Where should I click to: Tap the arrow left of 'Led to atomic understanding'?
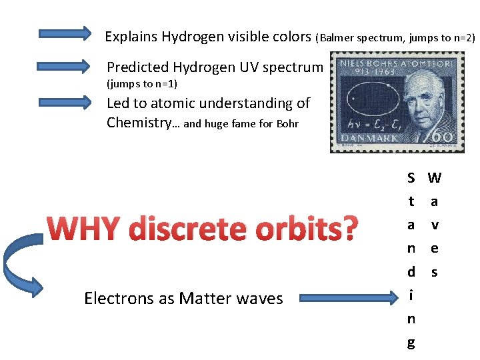[x=64, y=102]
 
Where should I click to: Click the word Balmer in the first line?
[x=339, y=38]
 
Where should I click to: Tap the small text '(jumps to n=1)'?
[x=142, y=84]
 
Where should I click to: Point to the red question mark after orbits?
[x=350, y=229]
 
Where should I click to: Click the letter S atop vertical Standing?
[x=411, y=178]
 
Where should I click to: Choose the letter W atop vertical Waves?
[x=435, y=178]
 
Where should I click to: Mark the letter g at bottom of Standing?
[x=411, y=343]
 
